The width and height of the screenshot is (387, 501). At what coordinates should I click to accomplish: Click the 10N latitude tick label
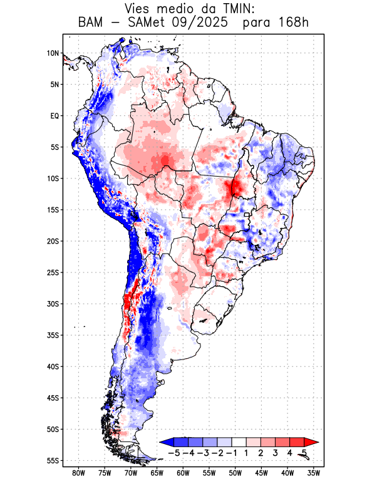point(52,53)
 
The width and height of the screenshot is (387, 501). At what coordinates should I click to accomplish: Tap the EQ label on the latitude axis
point(54,116)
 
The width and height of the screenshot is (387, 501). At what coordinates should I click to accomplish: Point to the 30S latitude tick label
point(52,304)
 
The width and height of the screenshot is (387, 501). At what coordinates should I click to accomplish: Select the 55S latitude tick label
point(52,460)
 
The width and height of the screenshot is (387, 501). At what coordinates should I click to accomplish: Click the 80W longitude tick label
point(78,473)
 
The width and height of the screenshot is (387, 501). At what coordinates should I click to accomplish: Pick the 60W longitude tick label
point(183,473)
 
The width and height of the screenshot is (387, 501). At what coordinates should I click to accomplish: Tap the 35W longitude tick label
point(314,473)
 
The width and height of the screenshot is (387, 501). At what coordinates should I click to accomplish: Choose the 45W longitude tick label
point(262,473)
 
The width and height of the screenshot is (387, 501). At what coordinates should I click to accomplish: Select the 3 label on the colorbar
point(276,453)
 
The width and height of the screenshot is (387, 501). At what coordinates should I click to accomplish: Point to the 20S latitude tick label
point(52,241)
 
